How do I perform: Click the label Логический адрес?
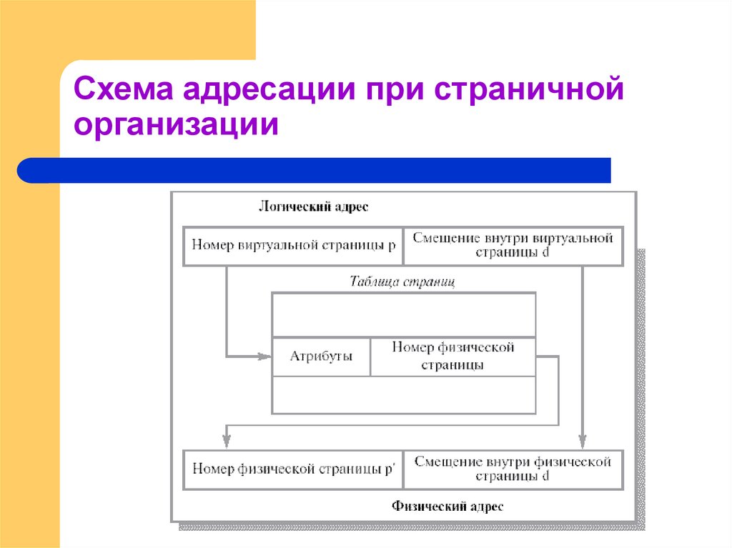click(313, 208)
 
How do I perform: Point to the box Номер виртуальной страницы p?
click(293, 246)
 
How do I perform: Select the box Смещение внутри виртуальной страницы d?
click(513, 246)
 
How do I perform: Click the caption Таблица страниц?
click(402, 282)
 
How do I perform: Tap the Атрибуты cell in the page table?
click(321, 357)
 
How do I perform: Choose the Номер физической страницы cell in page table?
click(452, 357)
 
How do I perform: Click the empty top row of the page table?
click(403, 314)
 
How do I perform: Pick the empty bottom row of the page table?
click(403, 394)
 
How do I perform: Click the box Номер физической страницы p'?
click(293, 469)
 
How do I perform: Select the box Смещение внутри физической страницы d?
click(513, 469)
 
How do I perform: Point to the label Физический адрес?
click(447, 507)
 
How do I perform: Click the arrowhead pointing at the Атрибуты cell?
click(265, 355)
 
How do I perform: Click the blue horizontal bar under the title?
click(315, 171)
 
